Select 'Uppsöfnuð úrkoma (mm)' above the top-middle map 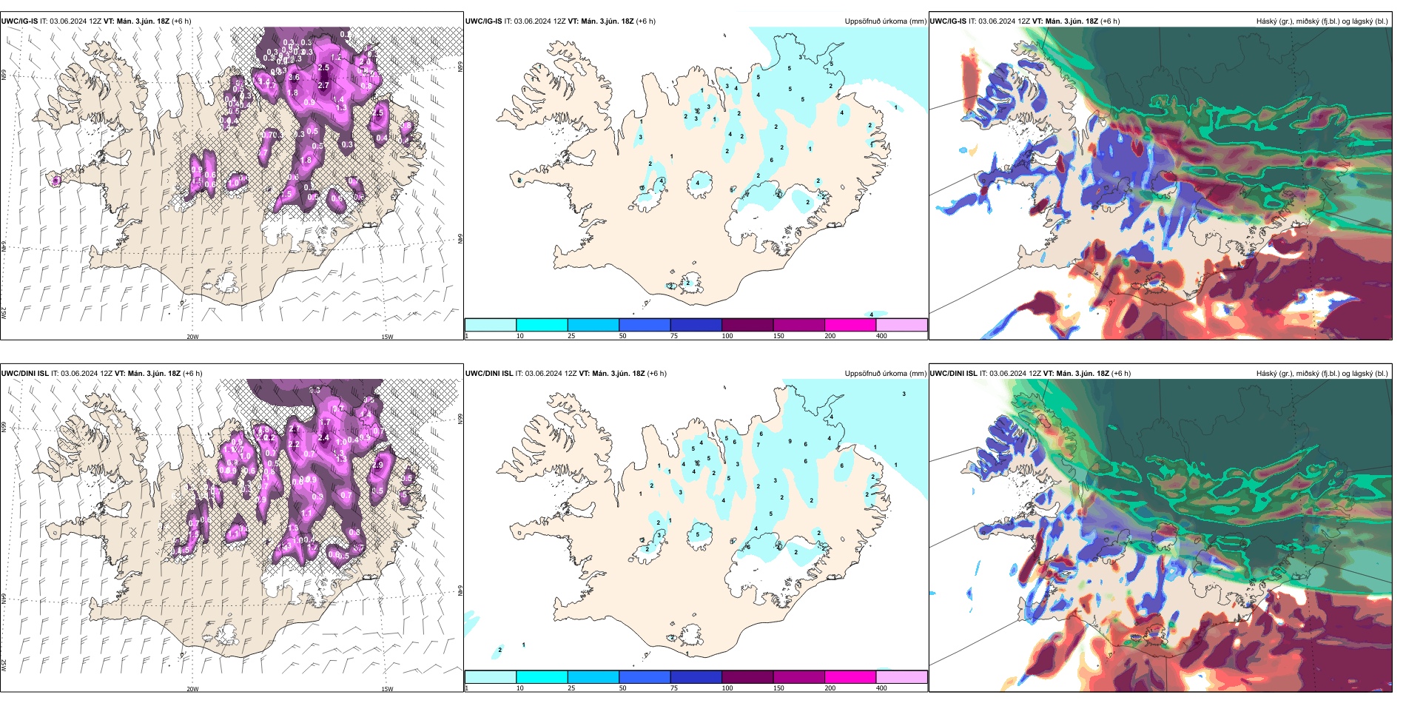pyautogui.click(x=885, y=21)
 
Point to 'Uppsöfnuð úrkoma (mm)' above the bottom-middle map pyautogui.click(x=885, y=374)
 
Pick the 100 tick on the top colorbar pyautogui.click(x=727, y=336)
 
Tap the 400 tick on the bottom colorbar pyautogui.click(x=881, y=688)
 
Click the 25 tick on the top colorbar pyautogui.click(x=571, y=336)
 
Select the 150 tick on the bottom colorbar pyautogui.click(x=778, y=688)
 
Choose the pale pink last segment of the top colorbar pyautogui.click(x=901, y=325)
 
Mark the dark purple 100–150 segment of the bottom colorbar pyautogui.click(x=747, y=677)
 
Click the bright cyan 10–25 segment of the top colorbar pyautogui.click(x=542, y=325)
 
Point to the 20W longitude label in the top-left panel pyautogui.click(x=192, y=337)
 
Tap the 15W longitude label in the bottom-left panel pyautogui.click(x=387, y=689)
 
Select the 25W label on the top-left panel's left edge pyautogui.click(x=4, y=313)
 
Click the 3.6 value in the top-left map pyautogui.click(x=294, y=78)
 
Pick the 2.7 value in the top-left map pyautogui.click(x=323, y=86)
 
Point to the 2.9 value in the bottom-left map pyautogui.click(x=378, y=465)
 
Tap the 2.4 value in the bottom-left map pyautogui.click(x=323, y=438)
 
